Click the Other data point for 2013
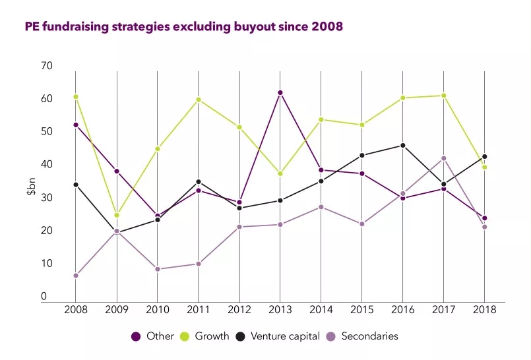(280, 93)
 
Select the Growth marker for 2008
(76, 97)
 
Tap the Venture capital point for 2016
(403, 145)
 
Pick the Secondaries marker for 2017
(444, 158)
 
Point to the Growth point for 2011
(199, 100)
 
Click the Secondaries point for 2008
(76, 276)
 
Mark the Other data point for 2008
(76, 125)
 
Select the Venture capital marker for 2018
(485, 157)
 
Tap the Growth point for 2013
(280, 173)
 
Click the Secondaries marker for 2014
(321, 207)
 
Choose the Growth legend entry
(205, 336)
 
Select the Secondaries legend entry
(367, 336)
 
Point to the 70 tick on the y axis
(47, 66)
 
